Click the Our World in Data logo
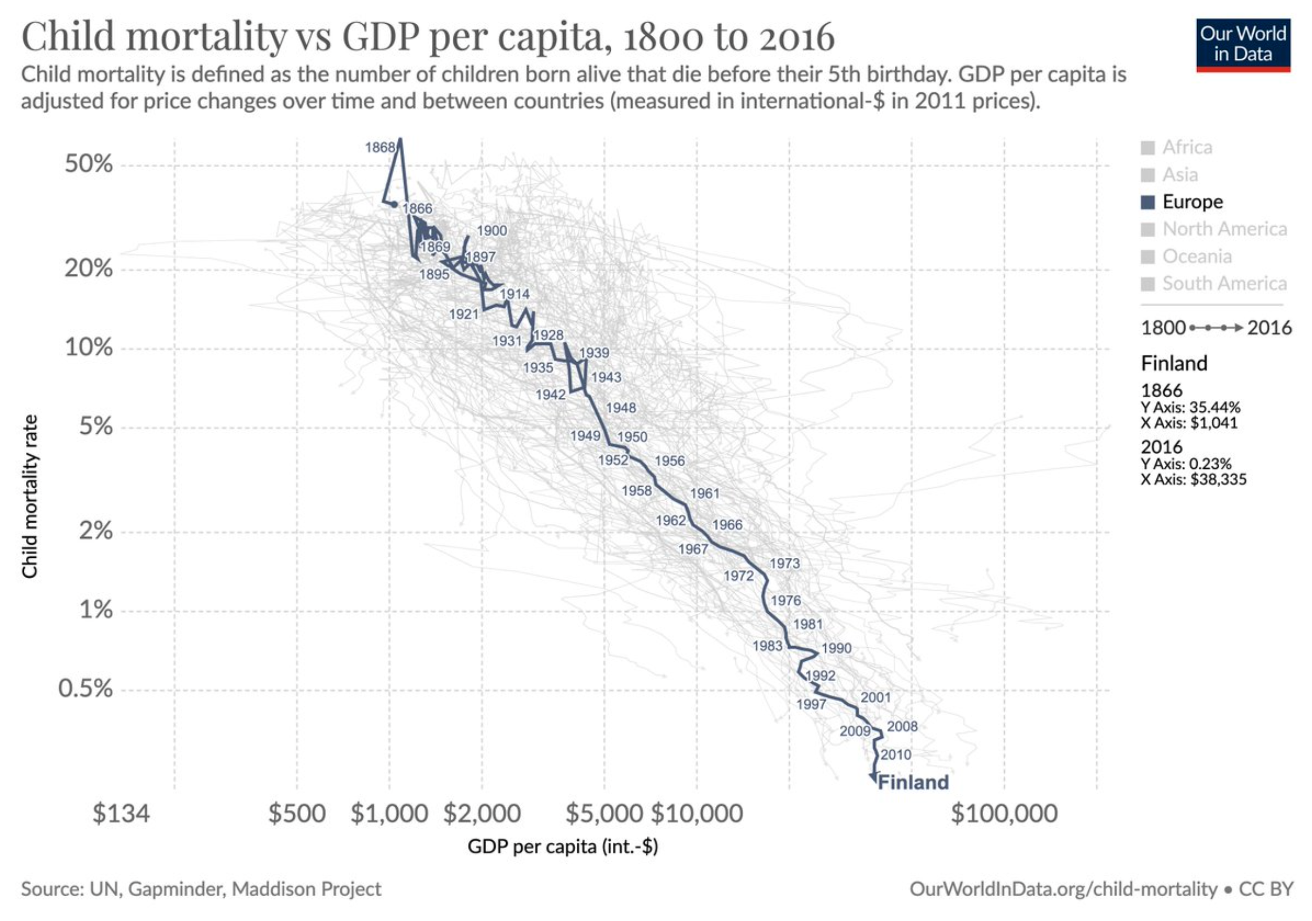(1243, 45)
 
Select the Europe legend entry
(1192, 201)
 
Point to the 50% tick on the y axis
(88, 165)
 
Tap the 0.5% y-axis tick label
(85, 689)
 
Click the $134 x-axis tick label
(121, 813)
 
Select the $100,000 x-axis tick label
(1004, 813)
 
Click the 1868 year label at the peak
(380, 148)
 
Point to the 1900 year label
(491, 231)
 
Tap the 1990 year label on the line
(837, 648)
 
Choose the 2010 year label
(895, 755)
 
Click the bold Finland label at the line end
(912, 782)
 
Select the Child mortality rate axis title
(29, 497)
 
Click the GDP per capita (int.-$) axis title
(563, 846)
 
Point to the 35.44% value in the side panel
(1215, 408)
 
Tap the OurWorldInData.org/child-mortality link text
(1063, 889)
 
